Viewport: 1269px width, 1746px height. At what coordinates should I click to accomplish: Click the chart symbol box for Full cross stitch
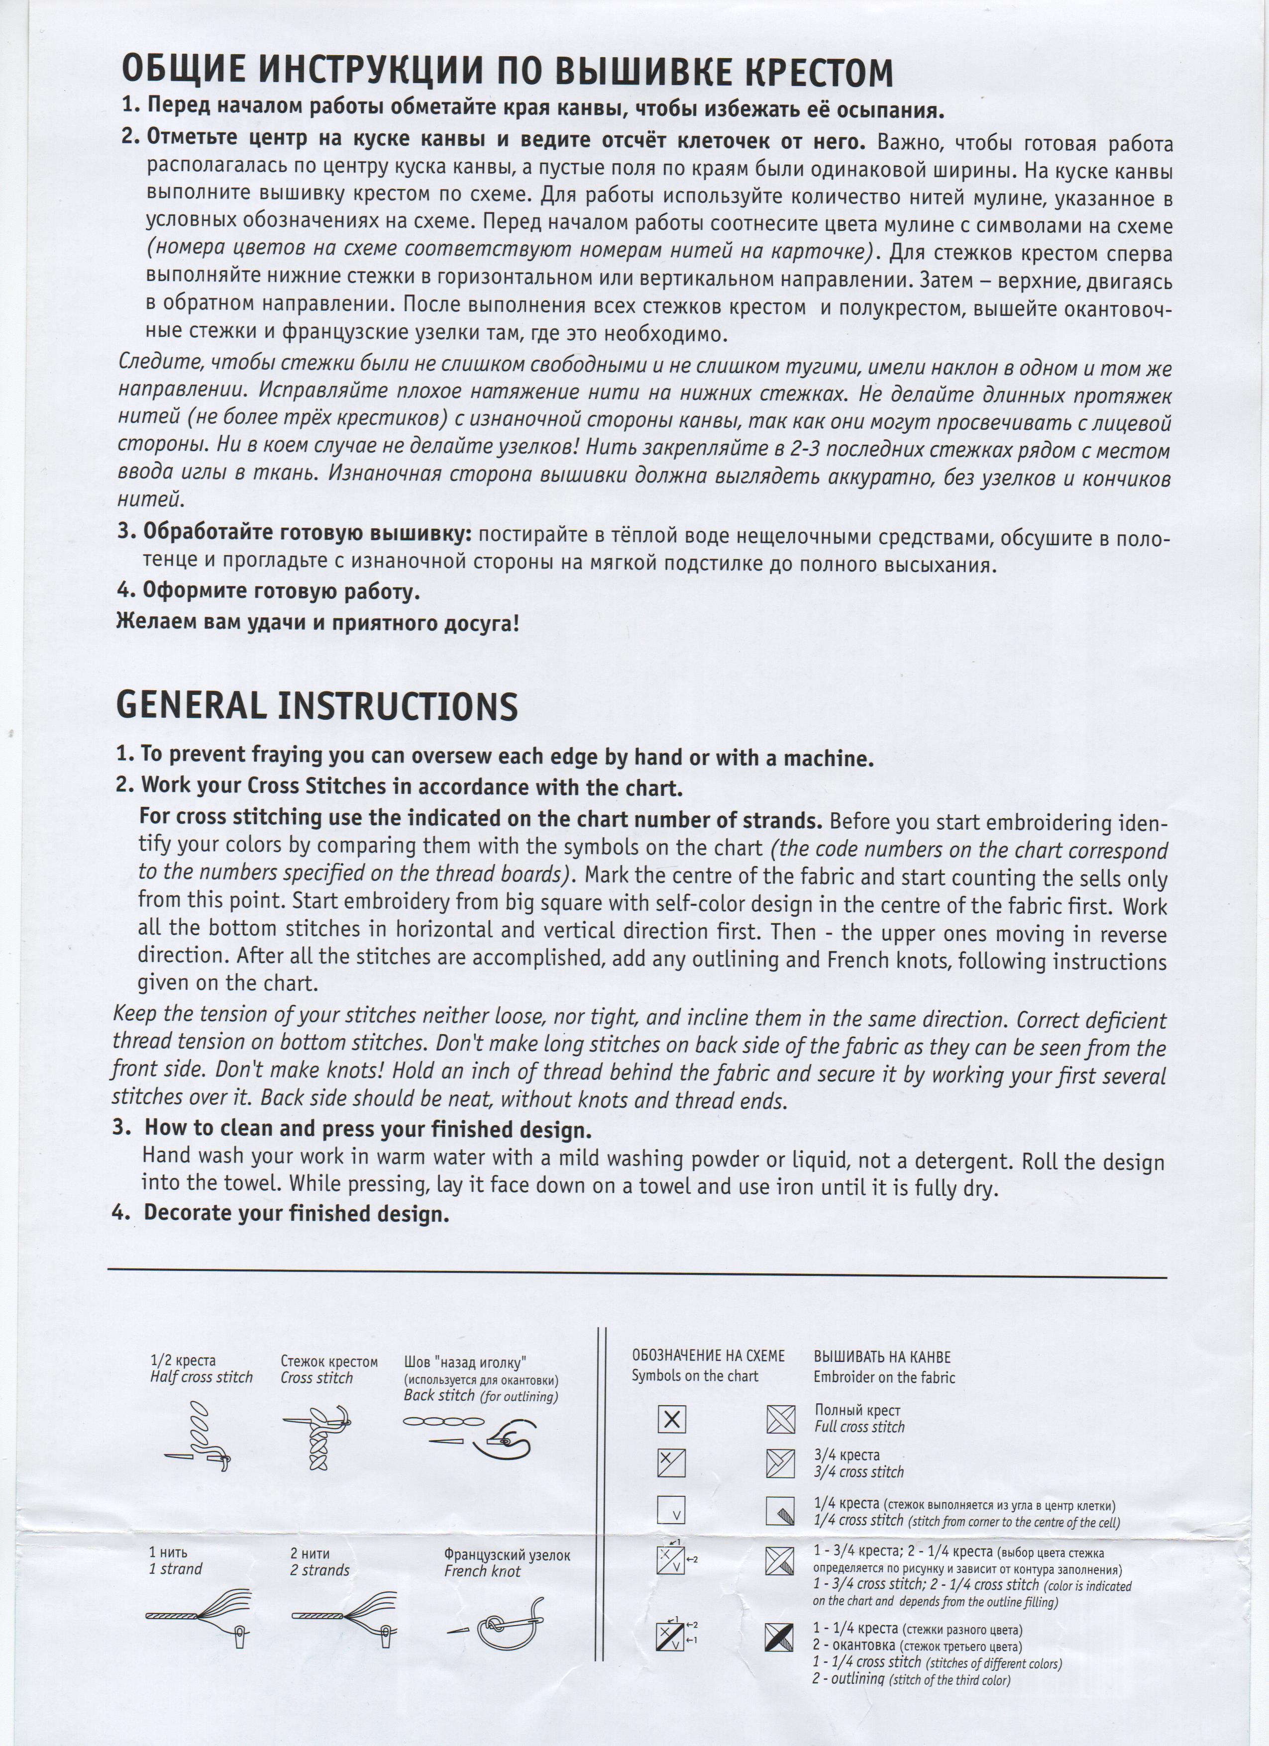click(671, 1419)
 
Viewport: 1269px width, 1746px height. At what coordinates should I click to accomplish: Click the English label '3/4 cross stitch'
click(858, 1472)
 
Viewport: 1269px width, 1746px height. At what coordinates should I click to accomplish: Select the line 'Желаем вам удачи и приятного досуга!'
click(317, 621)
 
